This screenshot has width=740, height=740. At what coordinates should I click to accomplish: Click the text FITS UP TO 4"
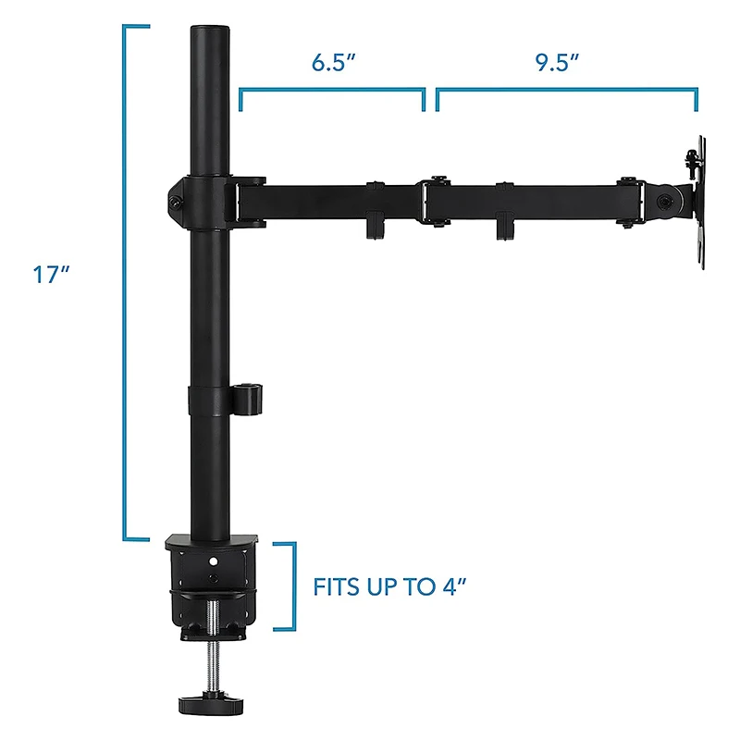point(387,586)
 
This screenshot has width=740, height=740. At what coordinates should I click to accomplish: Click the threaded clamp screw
point(213,638)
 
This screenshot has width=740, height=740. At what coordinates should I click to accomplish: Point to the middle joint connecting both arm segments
point(435,199)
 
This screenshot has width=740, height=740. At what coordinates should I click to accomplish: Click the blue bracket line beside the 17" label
point(125,277)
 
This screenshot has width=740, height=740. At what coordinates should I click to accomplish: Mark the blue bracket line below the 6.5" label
point(333,91)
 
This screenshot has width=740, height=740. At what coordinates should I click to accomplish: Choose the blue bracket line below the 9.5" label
point(566,91)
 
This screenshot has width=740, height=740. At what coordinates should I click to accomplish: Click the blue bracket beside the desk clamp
point(294,586)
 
